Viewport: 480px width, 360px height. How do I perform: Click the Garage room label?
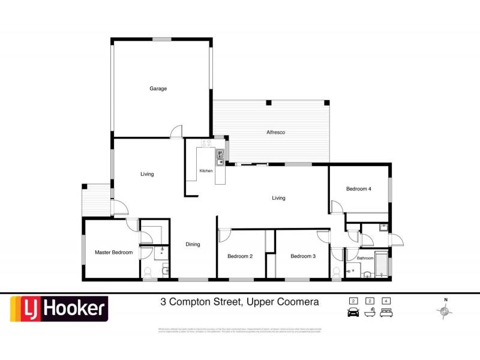pos(158,89)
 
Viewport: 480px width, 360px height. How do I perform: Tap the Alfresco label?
pos(275,132)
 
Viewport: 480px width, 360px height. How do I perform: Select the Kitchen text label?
pos(206,171)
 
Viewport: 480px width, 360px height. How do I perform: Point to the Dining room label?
pos(193,244)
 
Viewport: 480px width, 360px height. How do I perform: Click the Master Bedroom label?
pos(113,253)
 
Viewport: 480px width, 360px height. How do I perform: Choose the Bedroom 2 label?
pos(240,256)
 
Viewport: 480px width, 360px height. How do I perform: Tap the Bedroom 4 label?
pos(359,189)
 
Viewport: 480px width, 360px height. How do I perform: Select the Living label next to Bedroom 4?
pos(278,198)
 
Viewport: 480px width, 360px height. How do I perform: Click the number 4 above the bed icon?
pos(387,300)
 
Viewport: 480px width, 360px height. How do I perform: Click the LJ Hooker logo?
pos(58,310)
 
